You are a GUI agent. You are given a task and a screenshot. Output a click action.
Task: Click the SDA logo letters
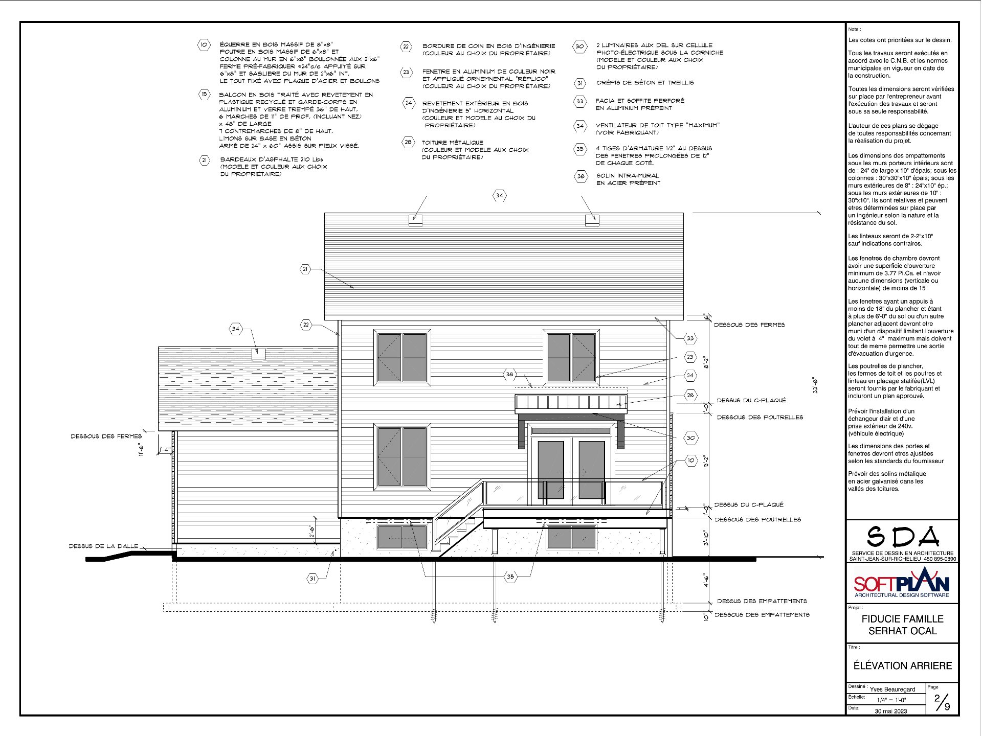(x=903, y=537)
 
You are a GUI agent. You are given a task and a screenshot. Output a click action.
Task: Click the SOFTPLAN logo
(x=902, y=583)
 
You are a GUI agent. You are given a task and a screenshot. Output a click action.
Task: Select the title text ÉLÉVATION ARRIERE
(x=902, y=666)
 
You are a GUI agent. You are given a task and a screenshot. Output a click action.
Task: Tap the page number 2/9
(x=942, y=703)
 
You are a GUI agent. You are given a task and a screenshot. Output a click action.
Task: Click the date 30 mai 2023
(x=890, y=711)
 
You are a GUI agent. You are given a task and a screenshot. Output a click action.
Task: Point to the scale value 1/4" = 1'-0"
(x=891, y=700)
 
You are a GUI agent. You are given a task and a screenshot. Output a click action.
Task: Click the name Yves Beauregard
(x=892, y=689)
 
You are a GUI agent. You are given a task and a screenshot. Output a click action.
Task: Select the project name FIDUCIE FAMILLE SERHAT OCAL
(x=902, y=625)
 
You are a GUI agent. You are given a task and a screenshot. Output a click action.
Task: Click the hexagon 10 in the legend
(x=204, y=45)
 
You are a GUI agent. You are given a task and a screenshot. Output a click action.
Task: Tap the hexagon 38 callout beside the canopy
(x=509, y=375)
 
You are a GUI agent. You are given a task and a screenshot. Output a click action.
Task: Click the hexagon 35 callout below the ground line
(x=510, y=577)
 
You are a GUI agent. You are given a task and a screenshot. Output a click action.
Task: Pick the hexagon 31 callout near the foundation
(x=312, y=579)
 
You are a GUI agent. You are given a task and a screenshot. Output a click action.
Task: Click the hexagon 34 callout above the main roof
(x=499, y=195)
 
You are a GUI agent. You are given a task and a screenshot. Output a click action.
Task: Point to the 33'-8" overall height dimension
(x=815, y=385)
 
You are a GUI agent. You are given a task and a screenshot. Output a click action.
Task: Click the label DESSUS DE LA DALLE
(x=103, y=546)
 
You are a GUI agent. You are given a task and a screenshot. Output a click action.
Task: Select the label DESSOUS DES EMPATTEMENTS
(x=762, y=615)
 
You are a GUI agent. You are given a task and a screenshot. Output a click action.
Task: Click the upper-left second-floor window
(x=402, y=358)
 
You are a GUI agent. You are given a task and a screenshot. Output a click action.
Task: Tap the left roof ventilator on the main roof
(x=415, y=221)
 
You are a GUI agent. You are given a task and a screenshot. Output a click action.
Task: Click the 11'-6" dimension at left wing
(x=142, y=449)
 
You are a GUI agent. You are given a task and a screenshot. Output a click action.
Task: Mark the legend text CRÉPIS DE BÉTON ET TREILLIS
(x=644, y=83)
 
